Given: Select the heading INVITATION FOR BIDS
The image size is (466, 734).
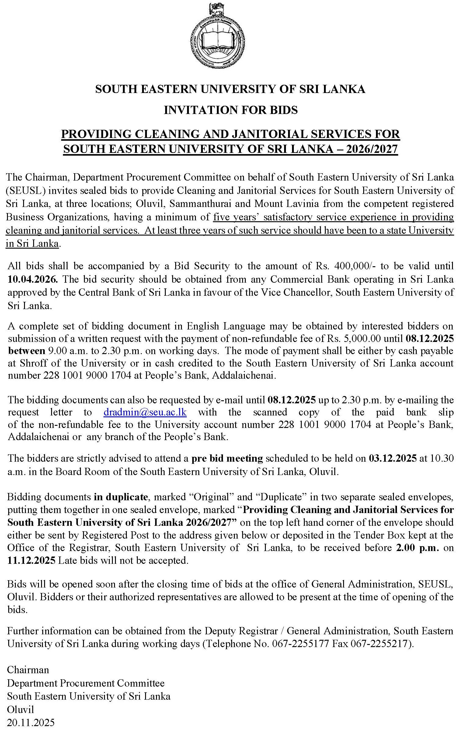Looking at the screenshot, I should (231, 110).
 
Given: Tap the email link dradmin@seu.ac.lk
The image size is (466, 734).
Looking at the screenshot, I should (145, 412).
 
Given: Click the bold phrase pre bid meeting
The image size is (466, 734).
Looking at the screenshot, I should (227, 458).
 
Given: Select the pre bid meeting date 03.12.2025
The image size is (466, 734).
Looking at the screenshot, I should (392, 458).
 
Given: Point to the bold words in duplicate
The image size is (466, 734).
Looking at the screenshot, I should (121, 497).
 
